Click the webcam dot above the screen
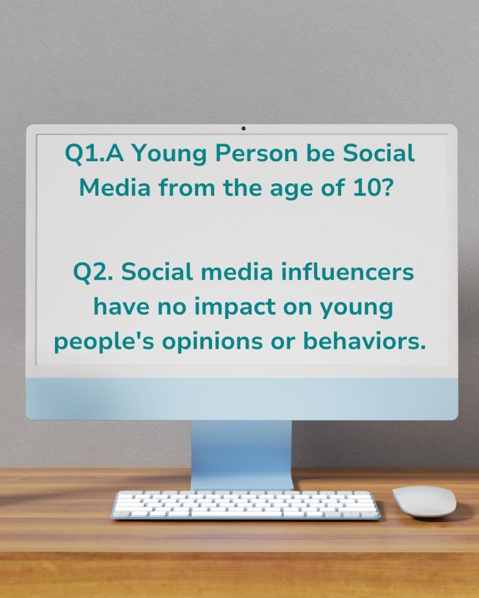(x=243, y=128)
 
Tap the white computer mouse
(x=425, y=501)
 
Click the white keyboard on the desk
(x=245, y=505)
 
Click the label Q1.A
(x=94, y=154)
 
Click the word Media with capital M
(x=115, y=187)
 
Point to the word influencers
(x=347, y=272)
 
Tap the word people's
(x=104, y=342)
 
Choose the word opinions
(x=212, y=342)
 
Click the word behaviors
(x=364, y=340)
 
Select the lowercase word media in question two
(x=237, y=272)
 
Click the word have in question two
(x=122, y=306)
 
